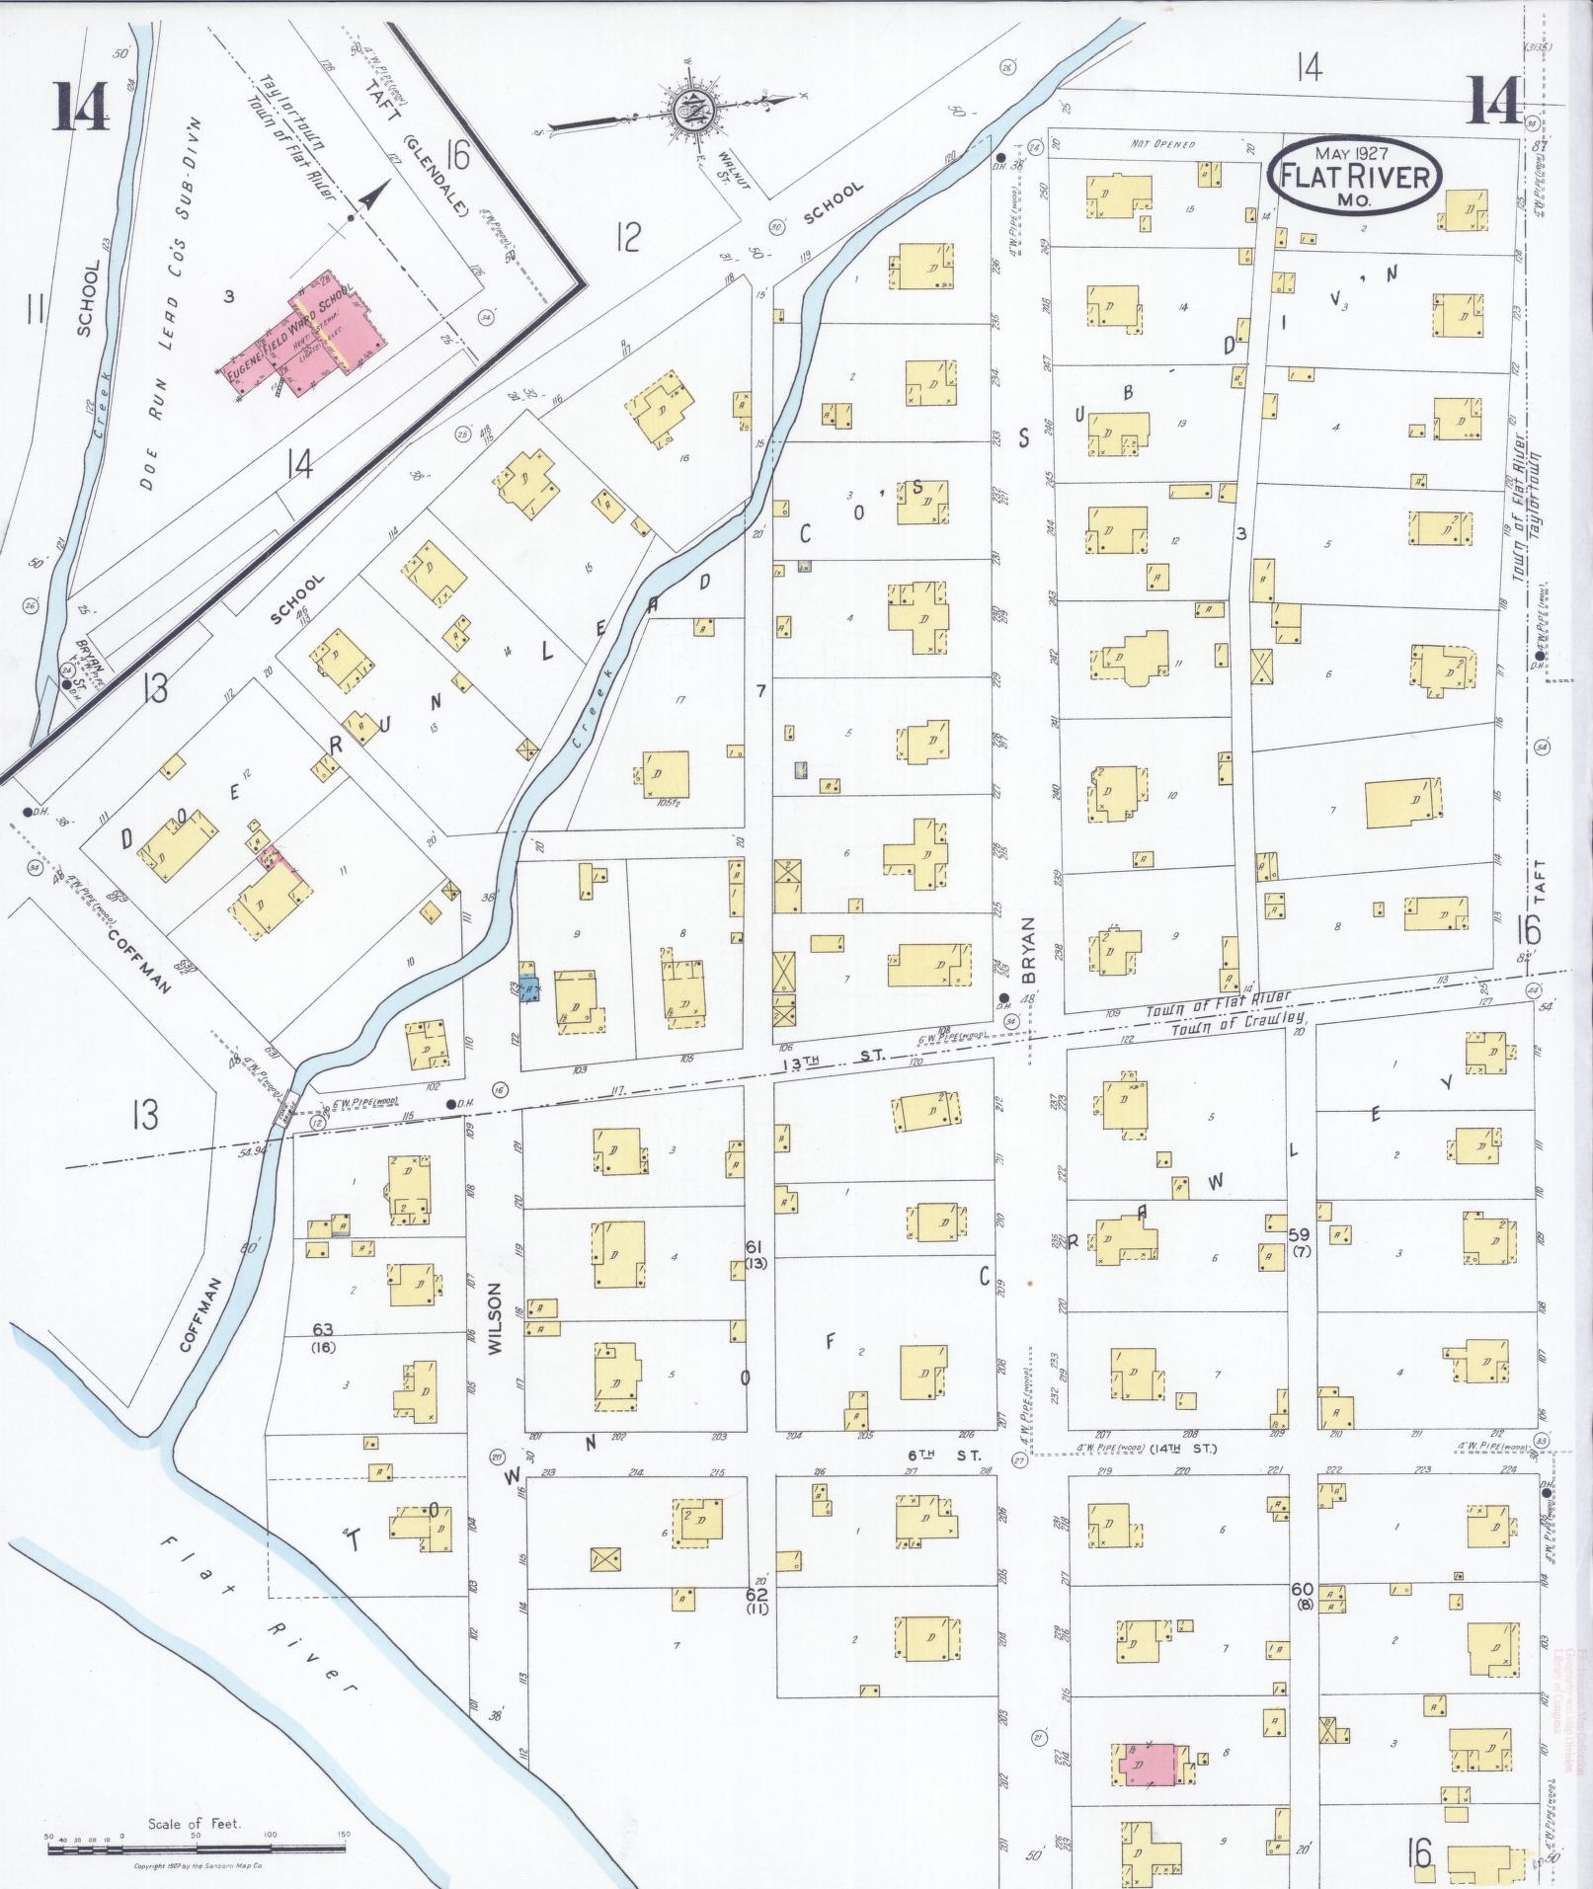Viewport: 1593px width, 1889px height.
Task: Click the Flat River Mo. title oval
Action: click(1354, 174)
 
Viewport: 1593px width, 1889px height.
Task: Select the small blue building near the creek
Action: click(530, 986)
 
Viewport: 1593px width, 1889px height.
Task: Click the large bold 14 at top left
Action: click(81, 106)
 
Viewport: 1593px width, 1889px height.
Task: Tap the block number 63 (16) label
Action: click(322, 1337)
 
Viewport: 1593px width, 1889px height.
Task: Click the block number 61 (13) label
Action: click(757, 1254)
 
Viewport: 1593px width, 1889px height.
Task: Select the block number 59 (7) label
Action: click(1300, 1242)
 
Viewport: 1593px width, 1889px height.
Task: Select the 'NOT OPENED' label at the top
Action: click(1162, 144)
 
